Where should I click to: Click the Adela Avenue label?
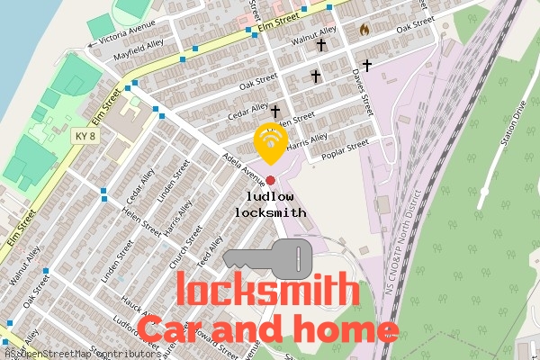click(243, 165)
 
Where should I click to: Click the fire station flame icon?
click(364, 30)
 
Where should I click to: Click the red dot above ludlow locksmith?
click(270, 181)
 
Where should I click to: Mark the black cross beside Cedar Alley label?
click(274, 111)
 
